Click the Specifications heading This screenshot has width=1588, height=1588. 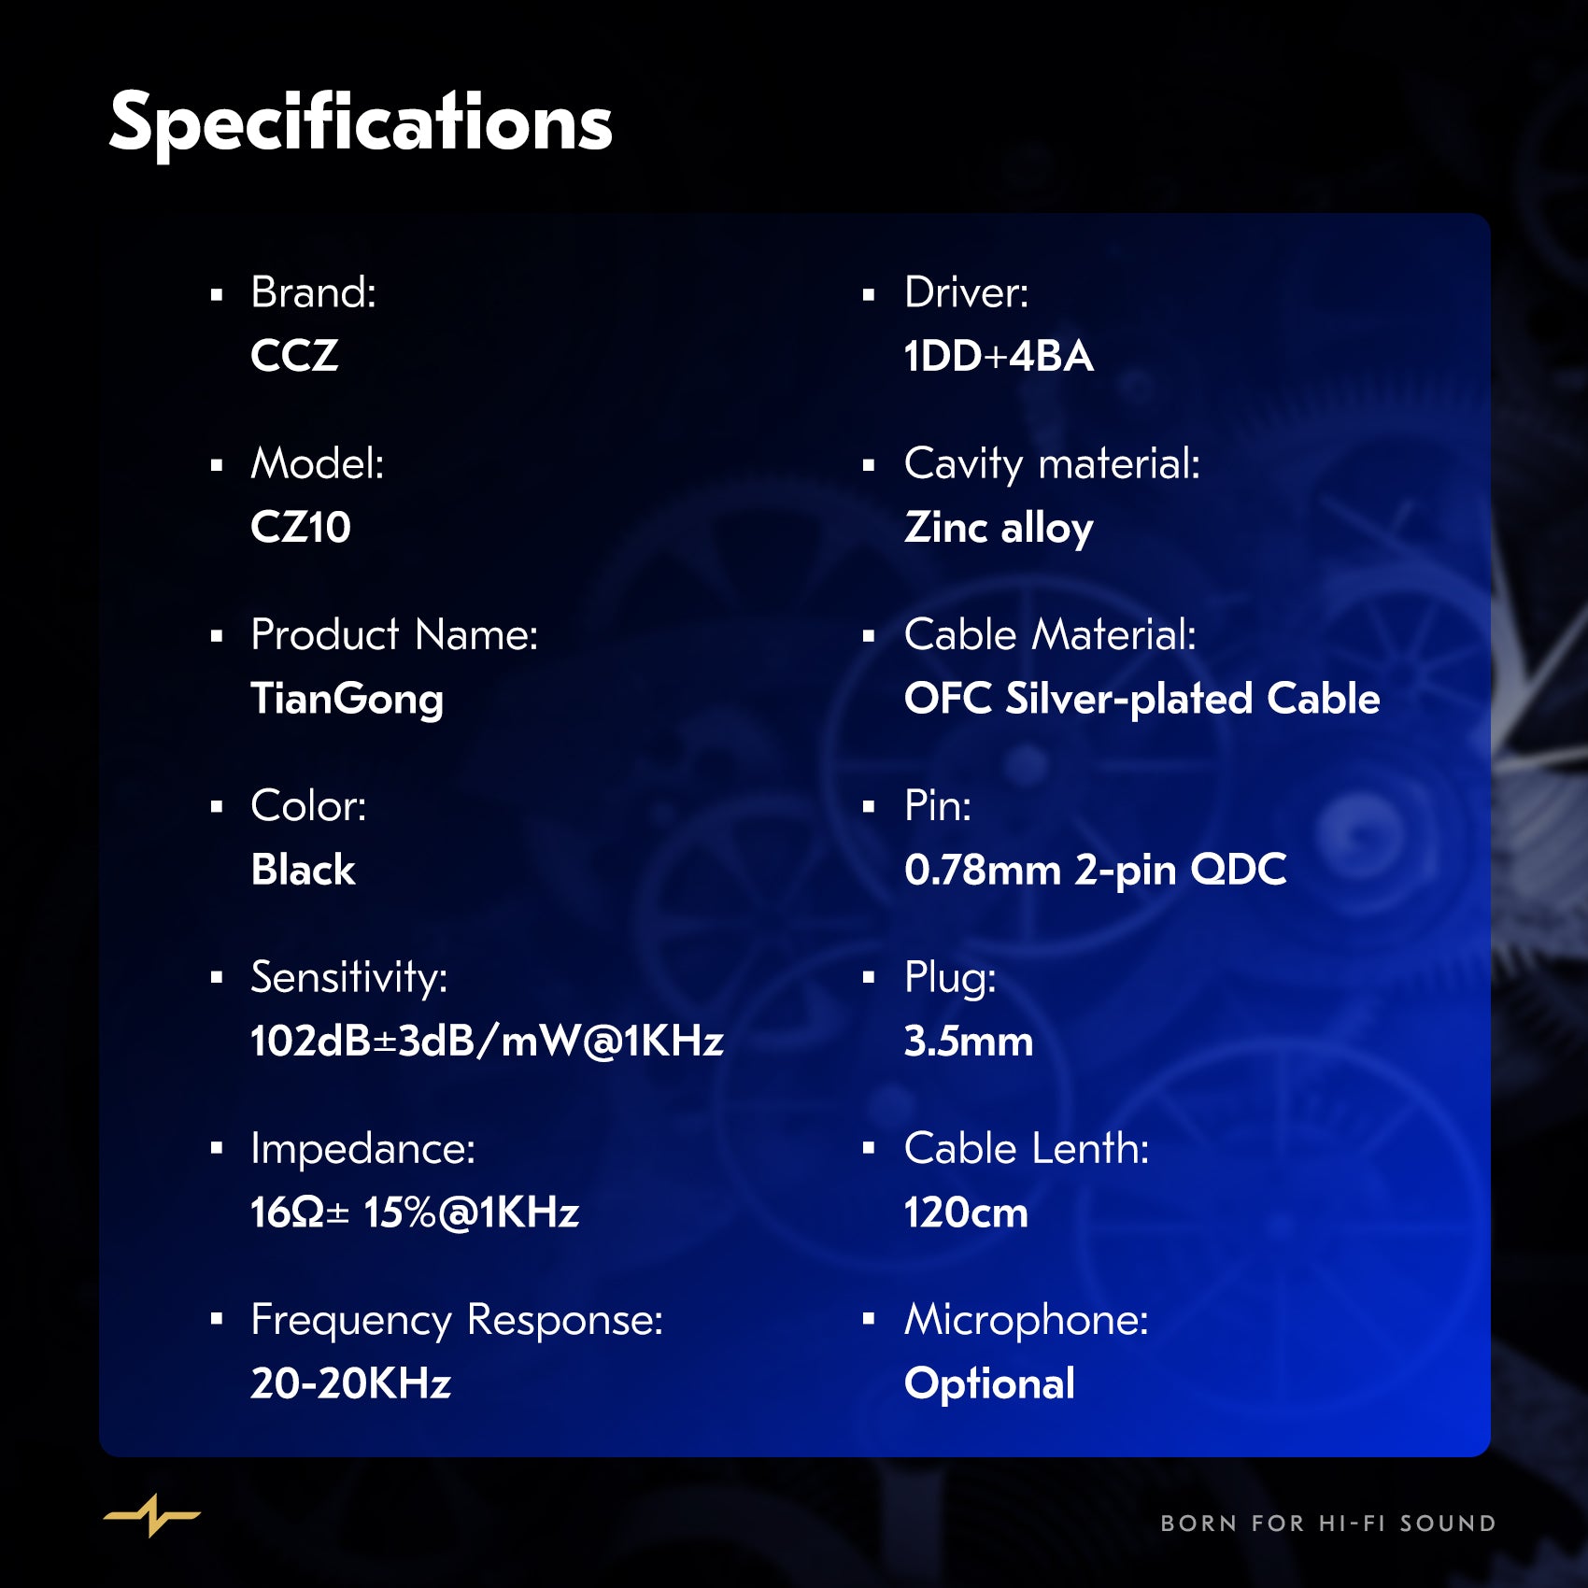[x=361, y=123]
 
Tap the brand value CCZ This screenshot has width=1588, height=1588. [x=294, y=356]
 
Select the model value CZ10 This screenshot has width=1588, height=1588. [x=301, y=527]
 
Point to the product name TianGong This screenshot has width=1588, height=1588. [x=347, y=700]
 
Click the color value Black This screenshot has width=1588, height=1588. [x=304, y=870]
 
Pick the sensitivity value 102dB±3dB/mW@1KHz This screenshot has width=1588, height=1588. [x=488, y=1042]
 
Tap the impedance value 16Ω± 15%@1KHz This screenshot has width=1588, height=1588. [x=416, y=1212]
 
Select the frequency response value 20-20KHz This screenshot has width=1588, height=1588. [x=351, y=1383]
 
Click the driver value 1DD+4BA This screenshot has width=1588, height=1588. [x=999, y=356]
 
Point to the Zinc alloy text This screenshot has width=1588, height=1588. [x=999, y=529]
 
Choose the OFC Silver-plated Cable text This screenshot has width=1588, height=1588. [x=1142, y=699]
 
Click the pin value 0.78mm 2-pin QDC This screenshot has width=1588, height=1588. [x=1096, y=871]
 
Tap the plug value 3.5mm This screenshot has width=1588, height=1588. [x=969, y=1042]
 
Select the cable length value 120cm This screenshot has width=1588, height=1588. [x=966, y=1212]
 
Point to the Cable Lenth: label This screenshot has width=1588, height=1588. [x=1027, y=1148]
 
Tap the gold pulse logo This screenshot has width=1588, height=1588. [x=151, y=1515]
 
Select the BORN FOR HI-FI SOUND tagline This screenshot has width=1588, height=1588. [x=1328, y=1524]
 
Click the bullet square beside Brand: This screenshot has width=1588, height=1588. [x=217, y=295]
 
